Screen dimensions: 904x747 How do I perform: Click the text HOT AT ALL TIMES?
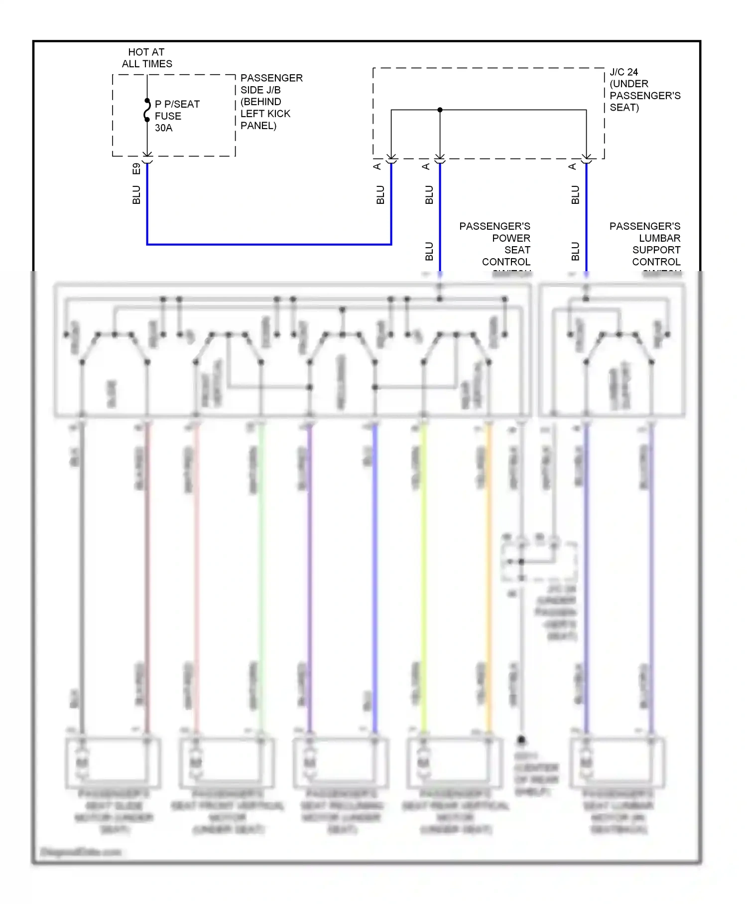[x=147, y=58]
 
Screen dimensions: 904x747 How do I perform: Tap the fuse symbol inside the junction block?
[x=147, y=110]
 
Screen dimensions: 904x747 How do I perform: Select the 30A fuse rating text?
[x=163, y=128]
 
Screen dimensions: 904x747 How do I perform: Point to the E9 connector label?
[x=136, y=169]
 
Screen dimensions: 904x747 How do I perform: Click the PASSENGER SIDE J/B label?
[x=271, y=84]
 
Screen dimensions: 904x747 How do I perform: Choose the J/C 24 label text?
[x=623, y=72]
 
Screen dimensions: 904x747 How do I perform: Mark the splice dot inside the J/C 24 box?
[x=440, y=110]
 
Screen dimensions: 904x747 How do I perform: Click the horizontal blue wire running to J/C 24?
[x=269, y=244]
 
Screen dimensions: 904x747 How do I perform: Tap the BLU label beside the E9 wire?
[x=136, y=195]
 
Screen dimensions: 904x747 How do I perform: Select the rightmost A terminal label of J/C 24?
[x=573, y=166]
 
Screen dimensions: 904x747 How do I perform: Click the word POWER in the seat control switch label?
[x=511, y=238]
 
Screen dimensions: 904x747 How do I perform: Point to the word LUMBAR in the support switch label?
[x=659, y=238]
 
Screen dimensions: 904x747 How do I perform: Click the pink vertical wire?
[x=196, y=578]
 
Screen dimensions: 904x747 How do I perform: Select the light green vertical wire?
[x=261, y=578]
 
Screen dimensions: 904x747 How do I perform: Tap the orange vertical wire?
[x=489, y=578]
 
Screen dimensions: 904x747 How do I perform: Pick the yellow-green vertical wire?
[x=424, y=578]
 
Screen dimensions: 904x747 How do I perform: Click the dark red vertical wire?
[x=147, y=578]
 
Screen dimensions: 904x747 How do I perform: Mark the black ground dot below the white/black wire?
[x=521, y=740]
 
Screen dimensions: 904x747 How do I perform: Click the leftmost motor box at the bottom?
[x=113, y=761]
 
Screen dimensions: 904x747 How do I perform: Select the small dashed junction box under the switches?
[x=539, y=561]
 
